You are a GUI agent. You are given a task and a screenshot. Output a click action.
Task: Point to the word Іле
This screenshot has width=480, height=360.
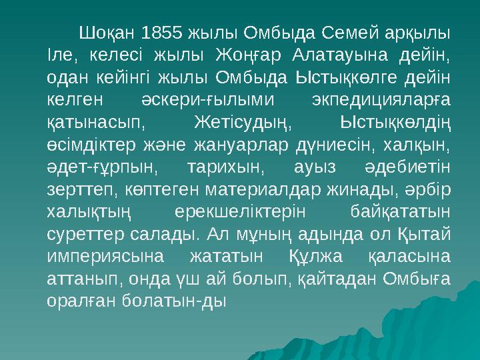pos(58,55)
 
